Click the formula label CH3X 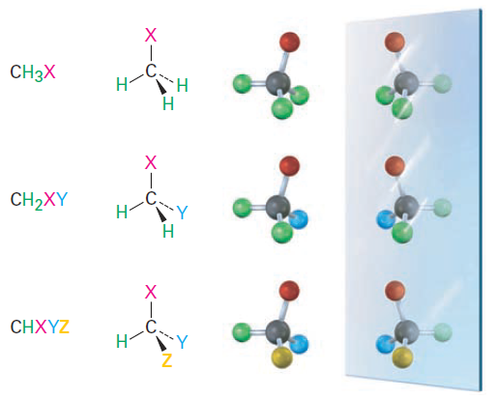tap(33, 72)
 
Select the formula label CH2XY tap(39, 200)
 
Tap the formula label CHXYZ tap(40, 327)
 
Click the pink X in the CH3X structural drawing tap(151, 35)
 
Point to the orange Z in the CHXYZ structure tap(166, 360)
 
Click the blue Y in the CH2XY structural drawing tap(182, 213)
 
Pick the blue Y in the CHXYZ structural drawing tap(182, 342)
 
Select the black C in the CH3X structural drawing tap(151, 71)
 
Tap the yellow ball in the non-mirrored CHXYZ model tap(281, 357)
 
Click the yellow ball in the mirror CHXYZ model tap(402, 357)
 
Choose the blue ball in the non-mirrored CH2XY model tap(299, 219)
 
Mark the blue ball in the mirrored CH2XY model tap(386, 219)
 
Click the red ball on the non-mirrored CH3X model tap(289, 42)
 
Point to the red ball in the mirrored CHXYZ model tap(395, 291)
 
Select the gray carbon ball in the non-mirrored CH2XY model tap(278, 207)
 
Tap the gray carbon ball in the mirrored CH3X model tap(407, 84)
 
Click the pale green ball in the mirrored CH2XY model tap(442, 208)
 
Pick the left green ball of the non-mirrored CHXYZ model tap(242, 332)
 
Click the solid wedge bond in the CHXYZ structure tap(161, 344)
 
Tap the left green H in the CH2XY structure tap(122, 213)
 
